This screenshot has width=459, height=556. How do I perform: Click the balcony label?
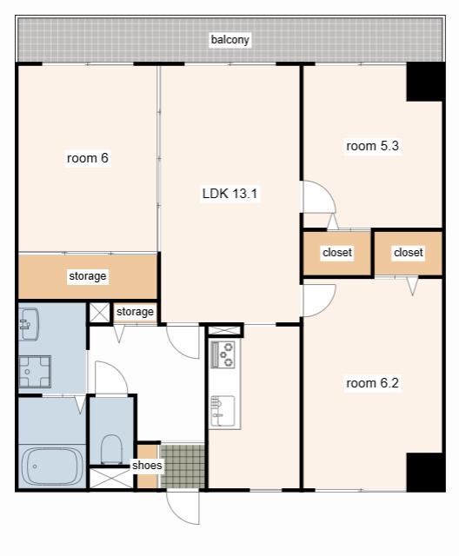(229, 39)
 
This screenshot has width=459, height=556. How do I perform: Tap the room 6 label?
(88, 158)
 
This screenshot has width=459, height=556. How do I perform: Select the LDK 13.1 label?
(229, 193)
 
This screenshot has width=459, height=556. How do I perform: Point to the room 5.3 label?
(372, 146)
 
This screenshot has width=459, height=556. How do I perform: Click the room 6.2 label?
(372, 383)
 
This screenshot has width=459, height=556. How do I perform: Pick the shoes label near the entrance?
(147, 465)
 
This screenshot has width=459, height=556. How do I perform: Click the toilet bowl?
(111, 449)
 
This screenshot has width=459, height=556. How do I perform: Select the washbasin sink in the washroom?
(29, 324)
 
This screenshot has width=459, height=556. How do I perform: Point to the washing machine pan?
(35, 372)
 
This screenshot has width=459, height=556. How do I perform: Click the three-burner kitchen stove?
(223, 354)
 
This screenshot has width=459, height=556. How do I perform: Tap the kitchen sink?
(223, 411)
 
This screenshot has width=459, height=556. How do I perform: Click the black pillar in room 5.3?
(424, 82)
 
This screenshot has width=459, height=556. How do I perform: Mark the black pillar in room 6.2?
(424, 472)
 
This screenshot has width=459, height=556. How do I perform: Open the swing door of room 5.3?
(319, 197)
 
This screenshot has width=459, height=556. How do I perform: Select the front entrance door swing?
(183, 507)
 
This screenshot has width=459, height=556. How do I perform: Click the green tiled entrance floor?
(183, 467)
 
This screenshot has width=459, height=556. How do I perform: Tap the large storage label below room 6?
(88, 276)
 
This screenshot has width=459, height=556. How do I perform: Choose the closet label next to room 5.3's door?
(337, 252)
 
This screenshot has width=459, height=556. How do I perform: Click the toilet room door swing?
(111, 377)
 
